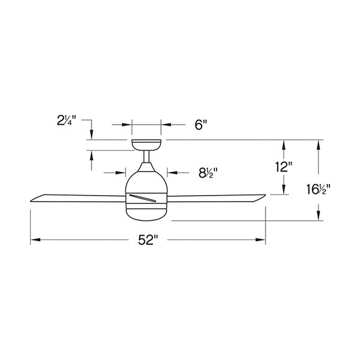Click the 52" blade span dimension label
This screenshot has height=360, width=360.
click(148, 240)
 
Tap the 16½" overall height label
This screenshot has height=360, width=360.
click(318, 190)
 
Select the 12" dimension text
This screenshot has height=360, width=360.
click(284, 167)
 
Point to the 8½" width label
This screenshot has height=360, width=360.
click(208, 173)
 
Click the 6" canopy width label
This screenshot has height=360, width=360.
click(201, 125)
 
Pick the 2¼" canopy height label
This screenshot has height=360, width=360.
click(66, 121)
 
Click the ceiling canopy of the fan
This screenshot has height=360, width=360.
click(146, 145)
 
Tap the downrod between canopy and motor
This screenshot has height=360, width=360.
click(146, 157)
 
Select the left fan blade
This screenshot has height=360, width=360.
click(78, 199)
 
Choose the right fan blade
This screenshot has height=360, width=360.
click(216, 199)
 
